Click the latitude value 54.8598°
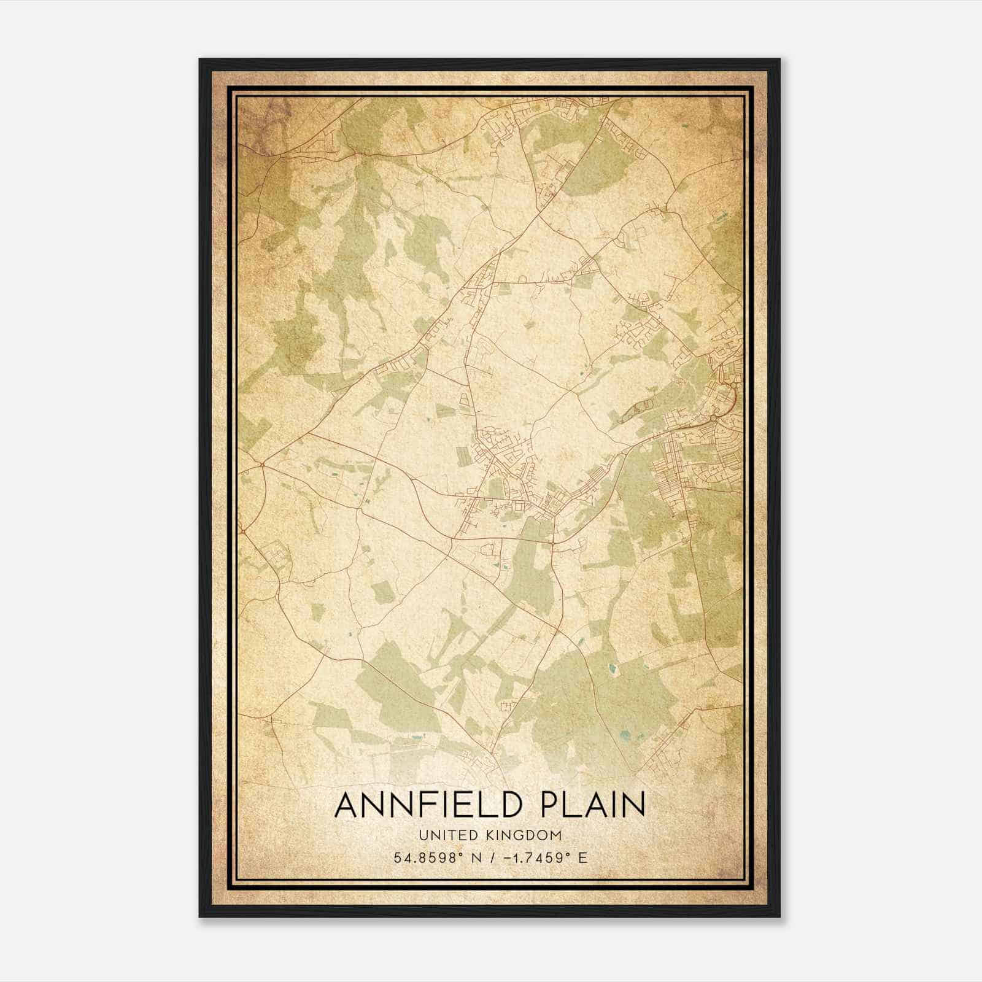[426, 857]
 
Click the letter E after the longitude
[583, 857]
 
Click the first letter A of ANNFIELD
[347, 805]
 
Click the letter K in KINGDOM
[493, 835]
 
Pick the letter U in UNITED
[423, 835]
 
